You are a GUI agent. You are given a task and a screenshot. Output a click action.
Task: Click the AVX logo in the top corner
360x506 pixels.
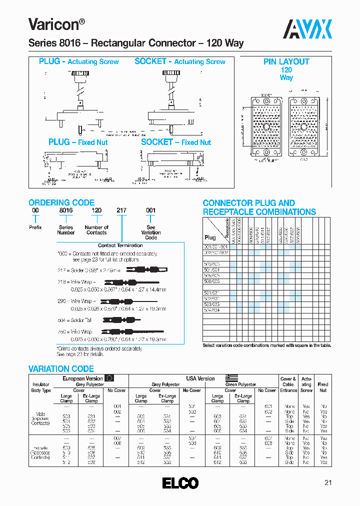click(308, 29)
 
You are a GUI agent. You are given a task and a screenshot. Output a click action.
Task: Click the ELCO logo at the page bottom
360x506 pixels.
click(180, 483)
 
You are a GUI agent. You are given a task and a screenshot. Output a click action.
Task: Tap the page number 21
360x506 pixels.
click(328, 482)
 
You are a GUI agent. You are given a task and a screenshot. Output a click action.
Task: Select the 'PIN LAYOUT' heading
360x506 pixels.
click(286, 62)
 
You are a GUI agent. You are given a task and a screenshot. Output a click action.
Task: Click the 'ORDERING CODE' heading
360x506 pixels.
click(61, 202)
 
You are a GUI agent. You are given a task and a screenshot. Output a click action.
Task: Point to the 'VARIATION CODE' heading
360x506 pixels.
click(61, 369)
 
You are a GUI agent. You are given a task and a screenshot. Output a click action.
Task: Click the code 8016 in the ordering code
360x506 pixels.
click(66, 211)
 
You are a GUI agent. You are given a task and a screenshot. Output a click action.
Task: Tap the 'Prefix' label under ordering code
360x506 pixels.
click(35, 227)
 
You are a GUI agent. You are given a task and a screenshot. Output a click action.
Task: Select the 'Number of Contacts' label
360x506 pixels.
click(96, 230)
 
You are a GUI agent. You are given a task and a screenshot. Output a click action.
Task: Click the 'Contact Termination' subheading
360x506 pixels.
click(120, 245)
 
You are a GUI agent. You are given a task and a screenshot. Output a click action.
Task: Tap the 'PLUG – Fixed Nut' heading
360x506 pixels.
click(78, 142)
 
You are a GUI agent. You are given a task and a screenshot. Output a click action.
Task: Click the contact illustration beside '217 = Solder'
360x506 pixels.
click(145, 269)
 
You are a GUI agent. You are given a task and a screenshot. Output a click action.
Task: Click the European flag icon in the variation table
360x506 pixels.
click(109, 378)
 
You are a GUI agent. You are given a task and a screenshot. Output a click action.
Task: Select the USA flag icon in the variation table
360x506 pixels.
click(231, 378)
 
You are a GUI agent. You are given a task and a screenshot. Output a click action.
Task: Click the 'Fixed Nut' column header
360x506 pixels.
click(323, 387)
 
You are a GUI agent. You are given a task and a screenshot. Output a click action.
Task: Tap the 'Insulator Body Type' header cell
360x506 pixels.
click(41, 387)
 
